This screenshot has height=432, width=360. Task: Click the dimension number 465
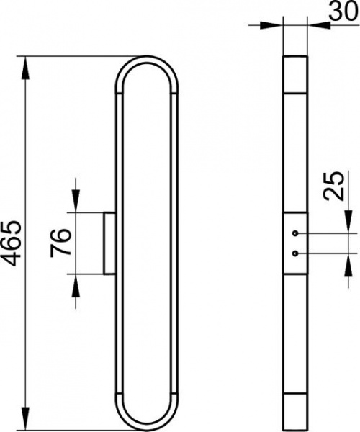pos(11,243)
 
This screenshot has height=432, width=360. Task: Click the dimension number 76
pos(60,243)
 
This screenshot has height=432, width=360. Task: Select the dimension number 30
pos(343,12)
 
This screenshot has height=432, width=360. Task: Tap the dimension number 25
pos(333,186)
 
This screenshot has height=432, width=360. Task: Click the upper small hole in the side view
pos(295,233)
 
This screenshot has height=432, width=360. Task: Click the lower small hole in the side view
pos(295,253)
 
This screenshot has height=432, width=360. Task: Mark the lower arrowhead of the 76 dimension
pos(76,286)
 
